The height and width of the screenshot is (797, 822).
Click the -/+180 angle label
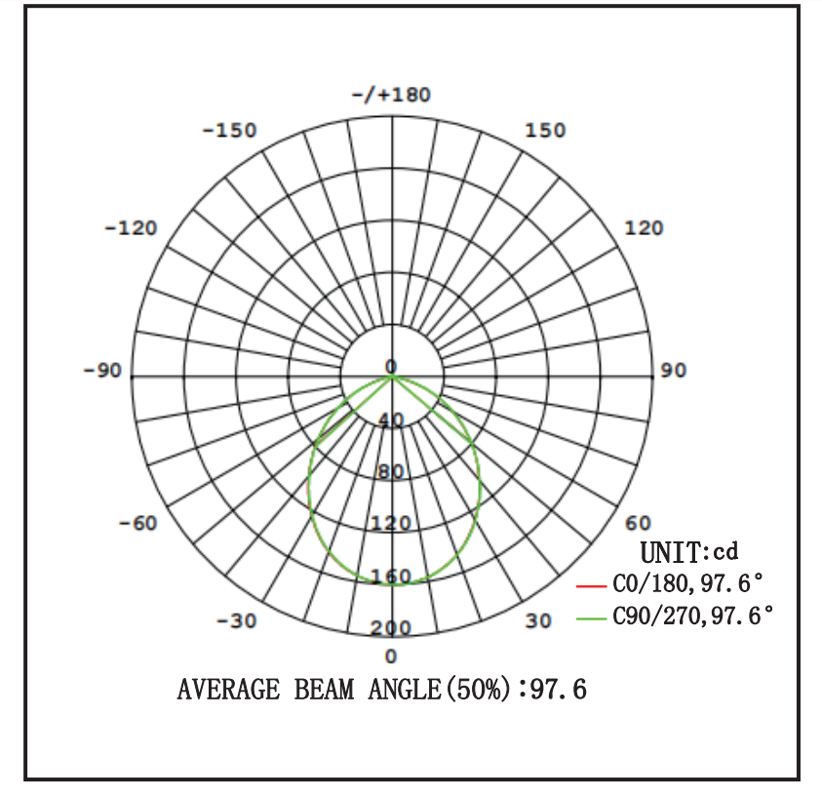[x=391, y=95]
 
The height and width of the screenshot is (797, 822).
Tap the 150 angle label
[x=546, y=130]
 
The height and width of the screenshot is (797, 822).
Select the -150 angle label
[x=229, y=130]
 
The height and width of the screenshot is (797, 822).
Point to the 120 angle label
[x=644, y=228]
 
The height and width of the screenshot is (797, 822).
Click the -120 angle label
[x=131, y=228]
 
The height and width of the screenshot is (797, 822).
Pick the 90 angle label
[x=673, y=370]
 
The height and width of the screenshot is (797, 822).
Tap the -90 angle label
[x=102, y=370]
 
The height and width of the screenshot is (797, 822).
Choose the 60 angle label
[x=638, y=523]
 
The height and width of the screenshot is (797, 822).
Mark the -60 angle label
[x=137, y=523]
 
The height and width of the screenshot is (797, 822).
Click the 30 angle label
[x=538, y=620]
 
